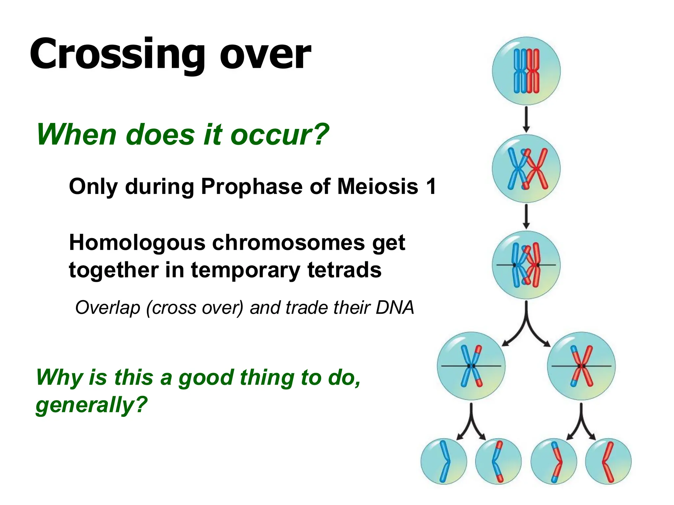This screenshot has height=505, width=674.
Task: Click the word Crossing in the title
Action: tap(117, 54)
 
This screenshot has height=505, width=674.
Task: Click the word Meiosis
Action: tap(378, 187)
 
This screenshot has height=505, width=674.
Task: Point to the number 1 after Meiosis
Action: tap(430, 187)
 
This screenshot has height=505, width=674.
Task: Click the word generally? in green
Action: tap(91, 404)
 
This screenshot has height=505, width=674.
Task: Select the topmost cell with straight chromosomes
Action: tap(526, 71)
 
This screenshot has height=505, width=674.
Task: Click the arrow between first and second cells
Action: tap(526, 119)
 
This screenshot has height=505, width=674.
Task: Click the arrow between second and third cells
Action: tap(526, 216)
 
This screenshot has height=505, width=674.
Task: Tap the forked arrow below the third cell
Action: tap(526, 325)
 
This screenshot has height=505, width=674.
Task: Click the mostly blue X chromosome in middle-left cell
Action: tap(471, 366)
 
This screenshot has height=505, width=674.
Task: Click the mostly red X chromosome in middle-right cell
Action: tap(581, 366)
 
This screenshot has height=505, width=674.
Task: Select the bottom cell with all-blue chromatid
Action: tap(444, 461)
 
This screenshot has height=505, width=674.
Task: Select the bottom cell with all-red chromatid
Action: tap(608, 461)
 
